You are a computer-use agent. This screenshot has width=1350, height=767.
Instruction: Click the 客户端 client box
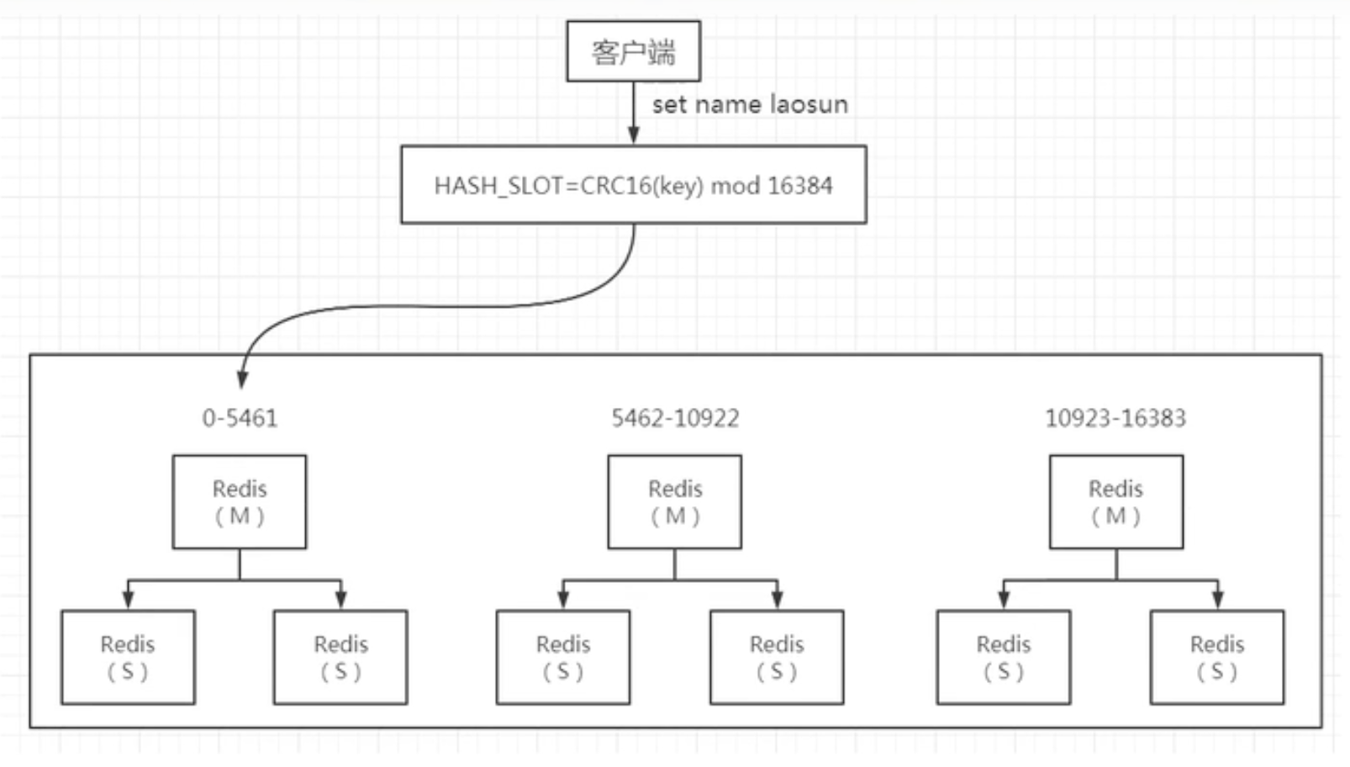[633, 51]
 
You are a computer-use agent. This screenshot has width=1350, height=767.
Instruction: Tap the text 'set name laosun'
[750, 104]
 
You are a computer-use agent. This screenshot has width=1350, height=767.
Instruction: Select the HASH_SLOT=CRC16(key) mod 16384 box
[633, 184]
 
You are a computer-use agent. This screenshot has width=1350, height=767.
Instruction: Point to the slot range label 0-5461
[240, 418]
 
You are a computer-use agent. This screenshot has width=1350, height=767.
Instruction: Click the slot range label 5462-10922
[675, 418]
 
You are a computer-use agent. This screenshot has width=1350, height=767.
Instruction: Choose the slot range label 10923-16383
[1115, 418]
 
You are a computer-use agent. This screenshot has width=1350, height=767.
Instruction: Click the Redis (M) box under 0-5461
[240, 502]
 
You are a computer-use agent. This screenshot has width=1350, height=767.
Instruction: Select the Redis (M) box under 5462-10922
[675, 502]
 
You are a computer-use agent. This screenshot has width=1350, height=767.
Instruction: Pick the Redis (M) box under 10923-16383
[1115, 502]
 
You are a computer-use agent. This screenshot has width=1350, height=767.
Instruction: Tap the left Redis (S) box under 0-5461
[128, 657]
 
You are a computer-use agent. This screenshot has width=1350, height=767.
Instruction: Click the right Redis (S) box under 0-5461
[340, 657]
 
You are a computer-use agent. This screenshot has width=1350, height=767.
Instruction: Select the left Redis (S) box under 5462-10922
[563, 657]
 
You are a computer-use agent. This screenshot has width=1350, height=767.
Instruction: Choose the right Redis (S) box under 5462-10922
[777, 657]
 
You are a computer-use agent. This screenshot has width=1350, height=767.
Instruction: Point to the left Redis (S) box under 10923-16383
[1004, 657]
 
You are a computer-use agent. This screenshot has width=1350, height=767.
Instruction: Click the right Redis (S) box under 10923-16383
[1217, 657]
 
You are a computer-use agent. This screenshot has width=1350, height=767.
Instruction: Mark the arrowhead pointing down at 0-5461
[242, 379]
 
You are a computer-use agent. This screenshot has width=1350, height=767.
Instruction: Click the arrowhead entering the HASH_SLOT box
[634, 135]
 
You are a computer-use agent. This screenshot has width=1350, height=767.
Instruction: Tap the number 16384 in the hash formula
[799, 185]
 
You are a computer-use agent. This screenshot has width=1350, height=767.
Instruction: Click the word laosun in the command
[809, 104]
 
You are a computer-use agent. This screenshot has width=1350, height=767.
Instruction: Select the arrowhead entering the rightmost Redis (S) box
[1217, 600]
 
